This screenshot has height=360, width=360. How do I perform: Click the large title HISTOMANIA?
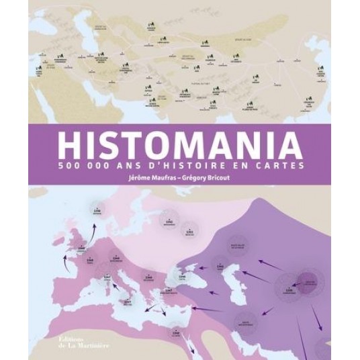tap(180, 146)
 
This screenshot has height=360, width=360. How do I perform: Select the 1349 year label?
tap(83, 247)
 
